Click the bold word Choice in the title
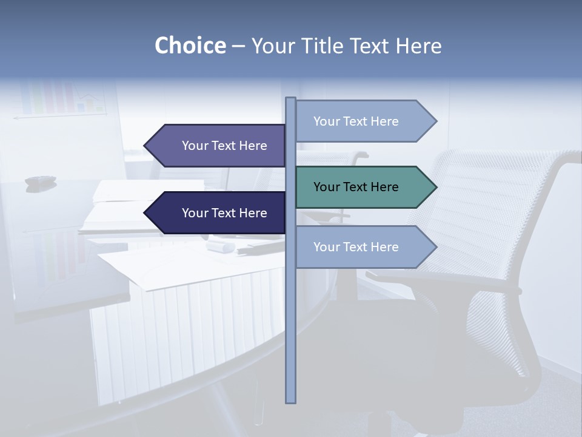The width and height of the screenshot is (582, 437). [190, 46]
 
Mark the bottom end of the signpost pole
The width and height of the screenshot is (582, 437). [290, 401]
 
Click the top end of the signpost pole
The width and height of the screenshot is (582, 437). [290, 100]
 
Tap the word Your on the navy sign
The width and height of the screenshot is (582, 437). [195, 213]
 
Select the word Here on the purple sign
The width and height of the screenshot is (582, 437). [253, 146]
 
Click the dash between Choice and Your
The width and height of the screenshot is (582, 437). [238, 46]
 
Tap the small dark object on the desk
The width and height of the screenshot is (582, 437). [40, 180]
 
